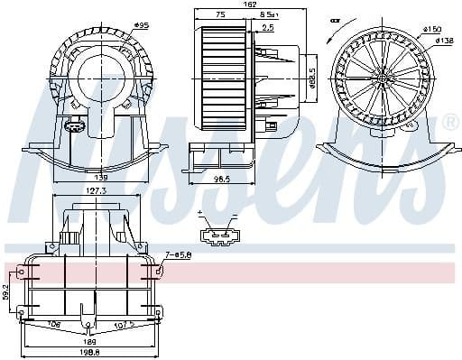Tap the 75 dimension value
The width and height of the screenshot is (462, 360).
[x=221, y=15]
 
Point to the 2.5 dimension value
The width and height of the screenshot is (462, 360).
[x=268, y=27]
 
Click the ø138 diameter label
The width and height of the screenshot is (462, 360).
[x=444, y=40]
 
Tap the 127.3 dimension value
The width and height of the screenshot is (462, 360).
[x=95, y=191]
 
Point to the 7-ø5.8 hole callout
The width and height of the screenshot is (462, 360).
[x=178, y=254]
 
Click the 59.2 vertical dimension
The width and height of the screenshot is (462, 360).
[x=7, y=291]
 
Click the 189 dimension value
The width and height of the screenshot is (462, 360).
[x=89, y=343]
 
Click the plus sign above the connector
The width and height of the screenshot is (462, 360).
[x=199, y=213]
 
